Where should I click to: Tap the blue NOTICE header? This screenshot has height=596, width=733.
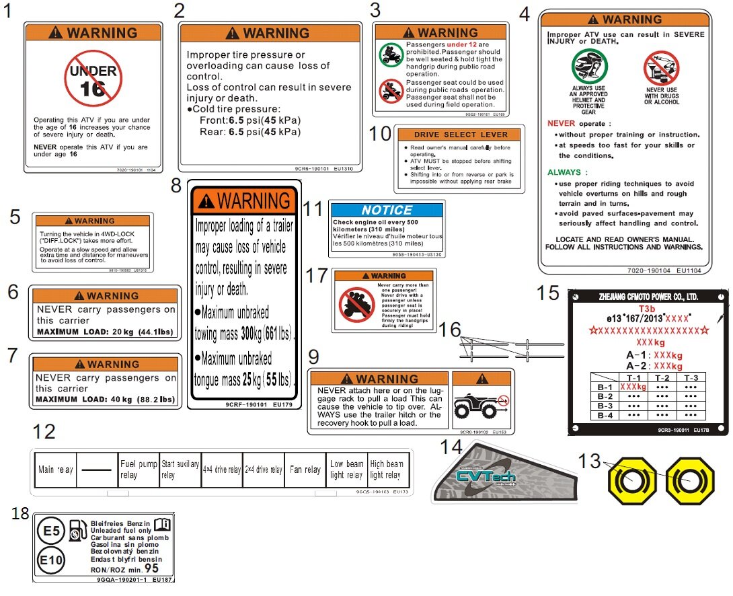(387, 210)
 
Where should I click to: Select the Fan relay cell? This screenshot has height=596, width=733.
(305, 470)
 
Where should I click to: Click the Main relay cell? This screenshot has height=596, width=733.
(55, 470)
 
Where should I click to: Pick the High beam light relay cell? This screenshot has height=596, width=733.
(387, 470)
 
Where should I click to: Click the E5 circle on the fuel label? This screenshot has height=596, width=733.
(51, 531)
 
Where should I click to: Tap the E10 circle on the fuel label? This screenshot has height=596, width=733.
(51, 560)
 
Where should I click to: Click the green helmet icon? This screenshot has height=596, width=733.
(589, 67)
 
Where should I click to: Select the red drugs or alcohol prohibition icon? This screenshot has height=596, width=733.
(661, 69)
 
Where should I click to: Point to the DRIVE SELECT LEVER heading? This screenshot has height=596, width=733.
(461, 135)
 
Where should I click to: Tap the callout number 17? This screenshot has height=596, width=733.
(316, 276)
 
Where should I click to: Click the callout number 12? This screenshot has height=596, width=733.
(44, 431)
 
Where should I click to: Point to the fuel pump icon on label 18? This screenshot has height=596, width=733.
(78, 531)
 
